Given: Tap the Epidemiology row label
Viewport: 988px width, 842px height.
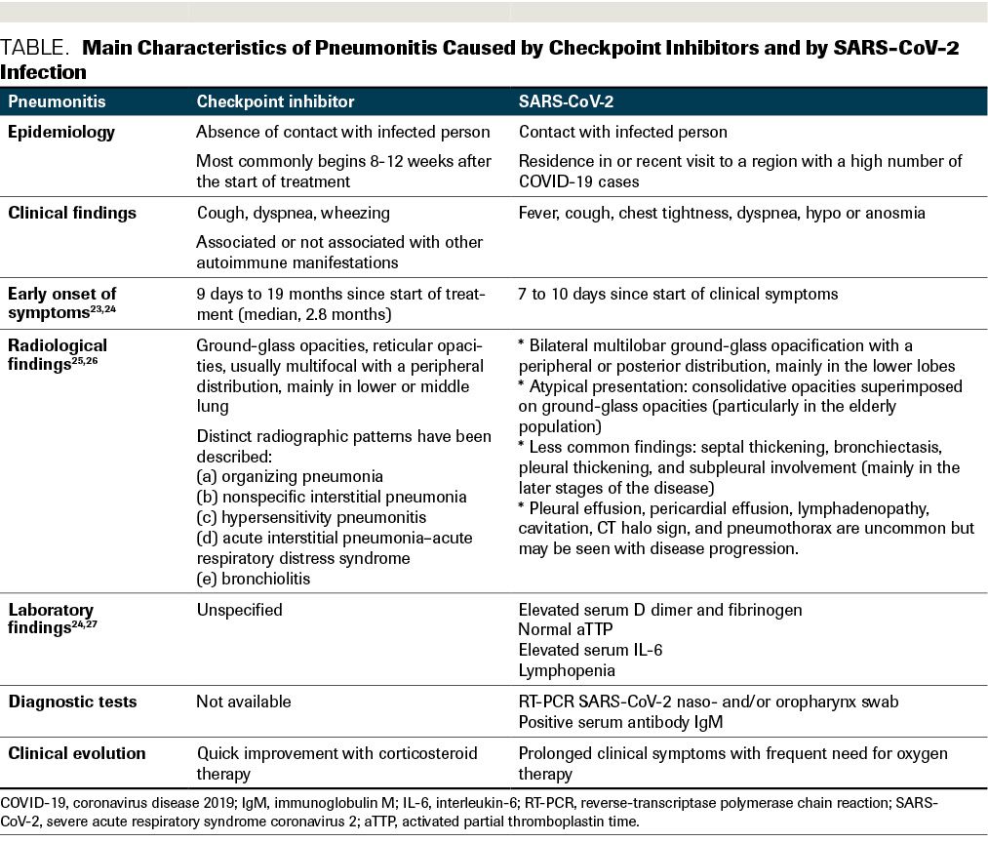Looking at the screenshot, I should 62,132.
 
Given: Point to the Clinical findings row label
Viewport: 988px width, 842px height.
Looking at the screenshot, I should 73,212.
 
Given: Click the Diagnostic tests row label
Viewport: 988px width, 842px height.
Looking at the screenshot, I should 73,702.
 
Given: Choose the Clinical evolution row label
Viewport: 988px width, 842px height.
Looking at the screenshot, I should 78,753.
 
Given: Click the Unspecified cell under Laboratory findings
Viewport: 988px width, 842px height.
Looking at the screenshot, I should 239,610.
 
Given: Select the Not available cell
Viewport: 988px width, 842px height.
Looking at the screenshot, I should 244,702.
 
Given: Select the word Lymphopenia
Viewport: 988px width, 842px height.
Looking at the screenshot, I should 567,671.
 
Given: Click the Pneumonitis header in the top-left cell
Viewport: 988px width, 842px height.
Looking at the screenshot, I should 58,101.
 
